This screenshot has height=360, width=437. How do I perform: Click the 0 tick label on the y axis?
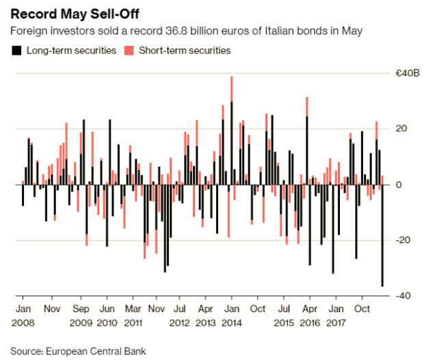coord(399,184)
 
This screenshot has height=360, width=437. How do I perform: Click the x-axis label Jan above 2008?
coord(22,308)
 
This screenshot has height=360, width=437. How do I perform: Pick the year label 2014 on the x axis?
coord(233,321)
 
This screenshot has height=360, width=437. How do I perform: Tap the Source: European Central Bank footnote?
coord(78,350)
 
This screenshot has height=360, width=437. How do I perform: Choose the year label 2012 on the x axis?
coord(180,321)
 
